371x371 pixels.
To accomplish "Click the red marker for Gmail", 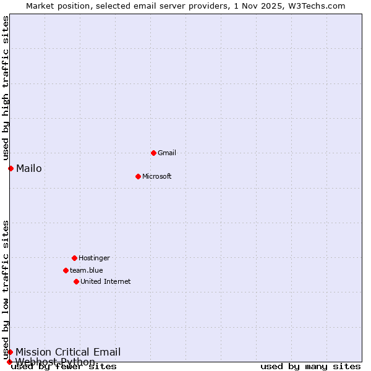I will [153, 153].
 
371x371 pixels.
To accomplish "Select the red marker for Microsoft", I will [138, 176].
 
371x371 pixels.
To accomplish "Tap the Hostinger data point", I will [74, 258].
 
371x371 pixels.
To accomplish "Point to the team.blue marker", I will [66, 270].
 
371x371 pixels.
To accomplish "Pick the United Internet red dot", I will [76, 281].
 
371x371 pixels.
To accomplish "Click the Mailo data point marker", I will [11, 168].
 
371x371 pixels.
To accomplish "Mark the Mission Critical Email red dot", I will [10, 352].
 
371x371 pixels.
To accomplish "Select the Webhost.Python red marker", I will [9, 362].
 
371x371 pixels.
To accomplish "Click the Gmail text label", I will [167, 153].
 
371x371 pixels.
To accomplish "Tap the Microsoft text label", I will [157, 176].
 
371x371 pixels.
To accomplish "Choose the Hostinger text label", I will [94, 258].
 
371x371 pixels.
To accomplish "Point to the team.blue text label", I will [87, 270].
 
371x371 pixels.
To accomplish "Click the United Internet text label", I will [106, 281].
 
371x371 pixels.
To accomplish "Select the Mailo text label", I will [29, 168].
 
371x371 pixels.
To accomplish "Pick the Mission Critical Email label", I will [68, 352].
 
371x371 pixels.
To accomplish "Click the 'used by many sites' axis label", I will [310, 366].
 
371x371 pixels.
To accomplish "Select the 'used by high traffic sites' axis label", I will [6, 88].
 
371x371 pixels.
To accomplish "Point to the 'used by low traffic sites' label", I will [6, 289].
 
